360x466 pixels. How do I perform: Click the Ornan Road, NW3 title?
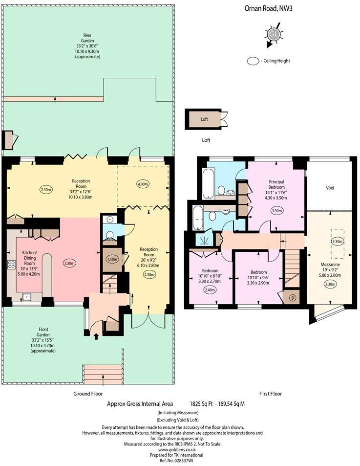[268, 8]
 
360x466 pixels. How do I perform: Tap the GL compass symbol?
[273, 35]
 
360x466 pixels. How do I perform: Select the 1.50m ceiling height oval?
[112, 259]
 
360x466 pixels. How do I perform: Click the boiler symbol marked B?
[291, 298]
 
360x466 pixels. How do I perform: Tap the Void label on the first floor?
[330, 188]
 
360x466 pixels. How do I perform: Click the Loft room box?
[204, 119]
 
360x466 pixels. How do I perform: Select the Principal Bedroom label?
[276, 184]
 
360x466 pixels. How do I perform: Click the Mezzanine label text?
[330, 265]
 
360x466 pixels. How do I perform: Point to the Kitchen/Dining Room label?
[30, 258]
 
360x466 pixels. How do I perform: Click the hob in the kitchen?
[11, 265]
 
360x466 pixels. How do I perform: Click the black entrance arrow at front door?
[96, 336]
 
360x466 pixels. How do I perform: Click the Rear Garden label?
[87, 38]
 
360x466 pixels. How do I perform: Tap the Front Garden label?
[43, 332]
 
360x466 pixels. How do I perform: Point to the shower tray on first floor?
[204, 239]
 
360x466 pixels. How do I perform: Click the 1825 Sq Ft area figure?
[202, 403]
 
